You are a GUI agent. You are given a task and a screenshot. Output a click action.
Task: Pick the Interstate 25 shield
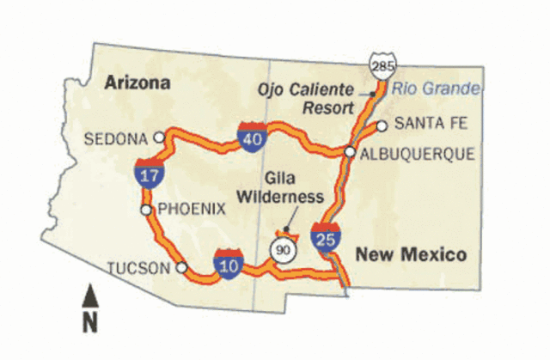(324, 235)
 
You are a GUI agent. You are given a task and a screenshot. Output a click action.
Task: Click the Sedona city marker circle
(158, 137)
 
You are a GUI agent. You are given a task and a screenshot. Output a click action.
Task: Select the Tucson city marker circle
(180, 267)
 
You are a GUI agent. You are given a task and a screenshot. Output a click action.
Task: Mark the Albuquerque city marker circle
(350, 152)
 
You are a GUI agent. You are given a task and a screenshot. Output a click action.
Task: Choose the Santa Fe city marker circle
(381, 125)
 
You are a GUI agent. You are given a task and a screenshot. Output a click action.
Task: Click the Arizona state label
(137, 82)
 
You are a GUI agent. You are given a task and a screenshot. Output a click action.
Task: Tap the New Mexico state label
(411, 254)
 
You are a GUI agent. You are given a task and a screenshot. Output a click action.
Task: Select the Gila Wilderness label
(295, 188)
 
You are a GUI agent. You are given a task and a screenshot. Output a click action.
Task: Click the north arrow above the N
(89, 297)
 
